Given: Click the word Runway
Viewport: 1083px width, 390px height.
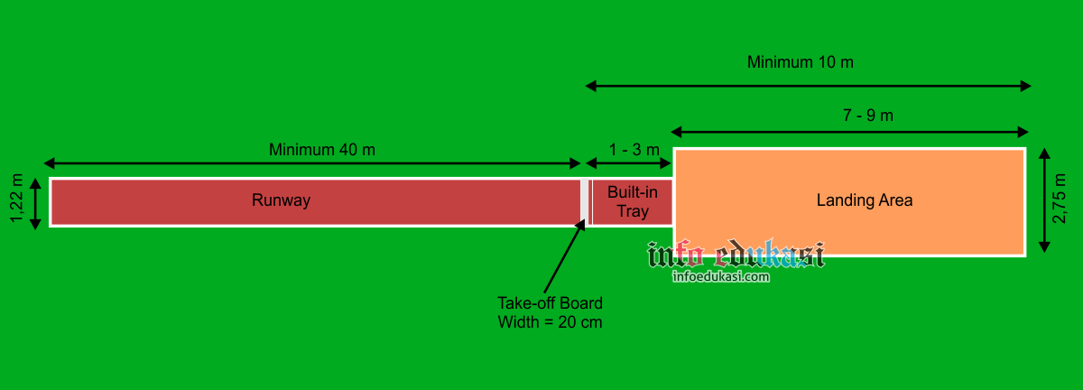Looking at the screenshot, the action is [x=281, y=200].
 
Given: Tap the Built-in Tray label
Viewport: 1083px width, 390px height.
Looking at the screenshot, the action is [x=632, y=201].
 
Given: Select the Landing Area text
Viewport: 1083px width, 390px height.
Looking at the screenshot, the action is [x=864, y=200].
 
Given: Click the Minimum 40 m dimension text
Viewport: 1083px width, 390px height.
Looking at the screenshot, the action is [x=321, y=149].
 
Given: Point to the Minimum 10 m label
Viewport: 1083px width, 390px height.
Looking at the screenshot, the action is [x=800, y=62].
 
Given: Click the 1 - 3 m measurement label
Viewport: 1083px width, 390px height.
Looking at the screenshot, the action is [x=634, y=149].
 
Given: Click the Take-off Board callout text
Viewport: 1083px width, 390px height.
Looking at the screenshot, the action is [x=550, y=302].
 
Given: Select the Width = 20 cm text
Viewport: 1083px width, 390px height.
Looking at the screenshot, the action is [x=550, y=321].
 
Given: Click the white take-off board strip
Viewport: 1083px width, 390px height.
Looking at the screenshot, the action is [x=585, y=201].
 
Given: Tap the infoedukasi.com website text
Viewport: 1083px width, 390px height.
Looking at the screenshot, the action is [x=720, y=277].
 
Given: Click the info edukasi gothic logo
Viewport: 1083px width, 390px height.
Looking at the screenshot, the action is [x=736, y=255].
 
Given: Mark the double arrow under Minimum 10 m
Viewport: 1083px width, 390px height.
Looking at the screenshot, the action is [x=808, y=86].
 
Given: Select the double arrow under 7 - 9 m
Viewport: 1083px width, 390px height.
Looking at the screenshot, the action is [x=849, y=131].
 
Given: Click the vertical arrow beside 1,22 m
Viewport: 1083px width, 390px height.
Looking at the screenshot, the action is [x=36, y=203].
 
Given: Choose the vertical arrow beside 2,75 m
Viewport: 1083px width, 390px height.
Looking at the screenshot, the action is [x=1043, y=200].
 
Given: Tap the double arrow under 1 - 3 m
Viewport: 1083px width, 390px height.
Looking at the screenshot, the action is [x=630, y=163].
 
